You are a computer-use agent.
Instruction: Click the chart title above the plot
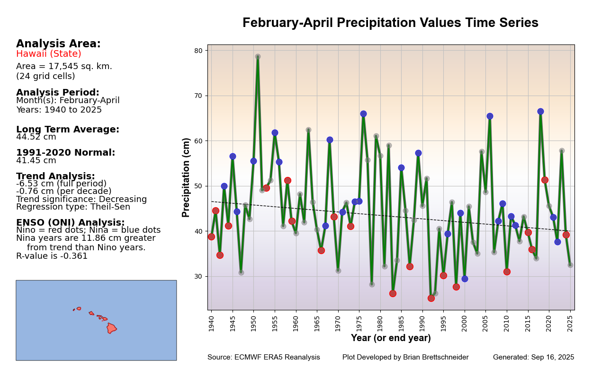point(390,23)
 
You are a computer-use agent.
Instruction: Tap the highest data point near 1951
point(258,57)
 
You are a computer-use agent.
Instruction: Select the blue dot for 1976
point(363,114)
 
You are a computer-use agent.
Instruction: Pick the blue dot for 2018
point(540,112)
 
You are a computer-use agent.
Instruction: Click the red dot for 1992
point(431,298)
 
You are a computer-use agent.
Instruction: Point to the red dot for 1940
point(211,237)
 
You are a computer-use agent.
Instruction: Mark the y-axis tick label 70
point(198,96)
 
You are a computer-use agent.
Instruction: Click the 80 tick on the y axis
point(198,51)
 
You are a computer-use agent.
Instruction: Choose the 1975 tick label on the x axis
point(359,322)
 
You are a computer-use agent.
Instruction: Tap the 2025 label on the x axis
point(570,322)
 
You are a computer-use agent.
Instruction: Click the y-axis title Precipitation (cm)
point(186,177)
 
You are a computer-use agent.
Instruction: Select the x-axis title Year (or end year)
point(391,338)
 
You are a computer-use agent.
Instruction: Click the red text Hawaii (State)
point(49,54)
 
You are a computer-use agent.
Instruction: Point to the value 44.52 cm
point(36,137)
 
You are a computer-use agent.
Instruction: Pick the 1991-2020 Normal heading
point(66,153)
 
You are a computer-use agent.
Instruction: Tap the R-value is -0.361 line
point(52,256)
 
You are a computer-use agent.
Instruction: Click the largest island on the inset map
point(111,328)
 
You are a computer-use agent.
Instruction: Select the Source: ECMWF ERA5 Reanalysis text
point(264,358)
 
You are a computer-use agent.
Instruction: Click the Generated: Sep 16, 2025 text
point(533,358)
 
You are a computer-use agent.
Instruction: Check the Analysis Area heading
point(58,44)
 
